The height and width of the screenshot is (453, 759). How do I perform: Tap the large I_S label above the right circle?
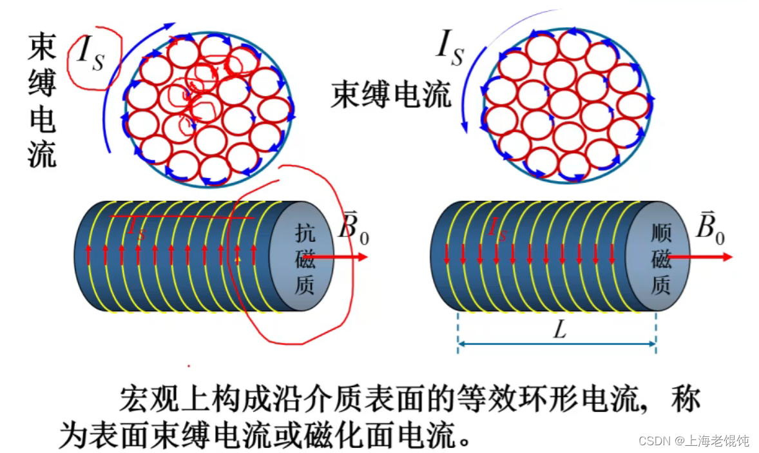[x=449, y=48]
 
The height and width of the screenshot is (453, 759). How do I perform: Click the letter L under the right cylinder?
[x=559, y=331]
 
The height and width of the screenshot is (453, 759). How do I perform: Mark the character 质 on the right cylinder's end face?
[x=661, y=285]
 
